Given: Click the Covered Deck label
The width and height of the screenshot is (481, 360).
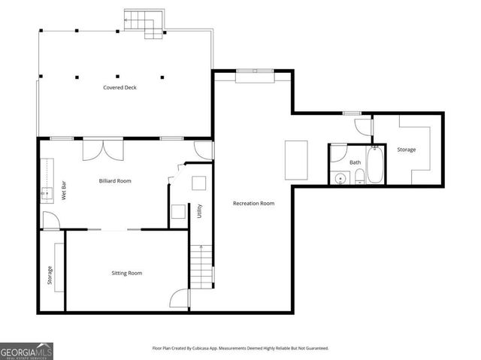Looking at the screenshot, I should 120,88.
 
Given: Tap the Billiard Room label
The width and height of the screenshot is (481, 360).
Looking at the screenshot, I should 115,181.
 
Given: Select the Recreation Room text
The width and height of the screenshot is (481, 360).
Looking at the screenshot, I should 253,204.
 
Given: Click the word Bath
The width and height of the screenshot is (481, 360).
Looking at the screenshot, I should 355,162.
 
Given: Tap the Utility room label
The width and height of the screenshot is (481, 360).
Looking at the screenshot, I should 200,212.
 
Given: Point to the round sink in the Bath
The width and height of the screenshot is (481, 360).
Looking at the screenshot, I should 340,178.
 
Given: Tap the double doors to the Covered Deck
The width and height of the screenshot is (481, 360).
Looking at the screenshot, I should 103,148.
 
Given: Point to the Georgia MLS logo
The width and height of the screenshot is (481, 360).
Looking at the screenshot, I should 27,350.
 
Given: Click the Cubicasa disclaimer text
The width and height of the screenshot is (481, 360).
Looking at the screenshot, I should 240,349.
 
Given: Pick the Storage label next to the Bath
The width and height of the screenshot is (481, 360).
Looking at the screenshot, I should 406,150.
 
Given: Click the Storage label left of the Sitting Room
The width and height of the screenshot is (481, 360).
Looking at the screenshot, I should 50,276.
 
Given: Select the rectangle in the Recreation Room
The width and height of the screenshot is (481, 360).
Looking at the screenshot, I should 296,159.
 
